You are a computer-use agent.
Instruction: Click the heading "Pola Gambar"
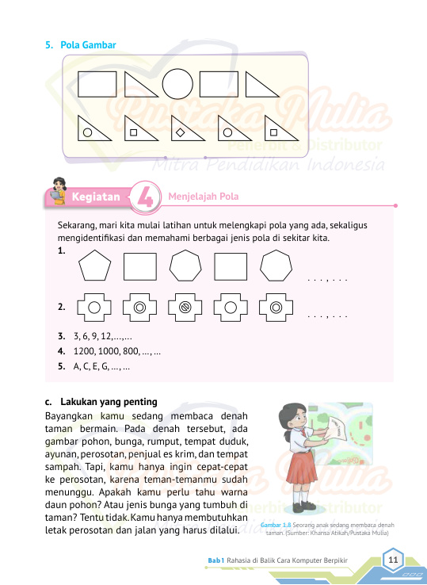[x=88, y=45]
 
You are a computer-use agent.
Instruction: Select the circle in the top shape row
[x=177, y=84]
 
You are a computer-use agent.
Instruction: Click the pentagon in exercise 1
[x=95, y=266]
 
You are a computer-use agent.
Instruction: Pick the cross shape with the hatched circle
[x=185, y=308]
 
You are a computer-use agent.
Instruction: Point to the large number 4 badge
[x=146, y=197]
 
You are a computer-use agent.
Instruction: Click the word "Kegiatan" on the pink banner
[x=96, y=197]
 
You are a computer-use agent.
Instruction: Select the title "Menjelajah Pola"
[x=204, y=197]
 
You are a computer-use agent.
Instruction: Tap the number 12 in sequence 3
[x=106, y=336]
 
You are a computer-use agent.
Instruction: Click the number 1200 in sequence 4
[x=85, y=351]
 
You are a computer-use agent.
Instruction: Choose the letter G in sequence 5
[x=105, y=366]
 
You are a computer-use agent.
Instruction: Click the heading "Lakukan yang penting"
[x=109, y=402]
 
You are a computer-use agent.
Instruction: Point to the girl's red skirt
[x=301, y=467]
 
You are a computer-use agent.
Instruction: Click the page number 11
[x=393, y=560]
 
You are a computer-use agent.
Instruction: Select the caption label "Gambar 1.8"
[x=276, y=525]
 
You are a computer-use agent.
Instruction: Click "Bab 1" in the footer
[x=216, y=560]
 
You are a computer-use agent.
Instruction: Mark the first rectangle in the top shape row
[x=97, y=84]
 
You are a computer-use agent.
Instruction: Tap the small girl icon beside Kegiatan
[x=59, y=191]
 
